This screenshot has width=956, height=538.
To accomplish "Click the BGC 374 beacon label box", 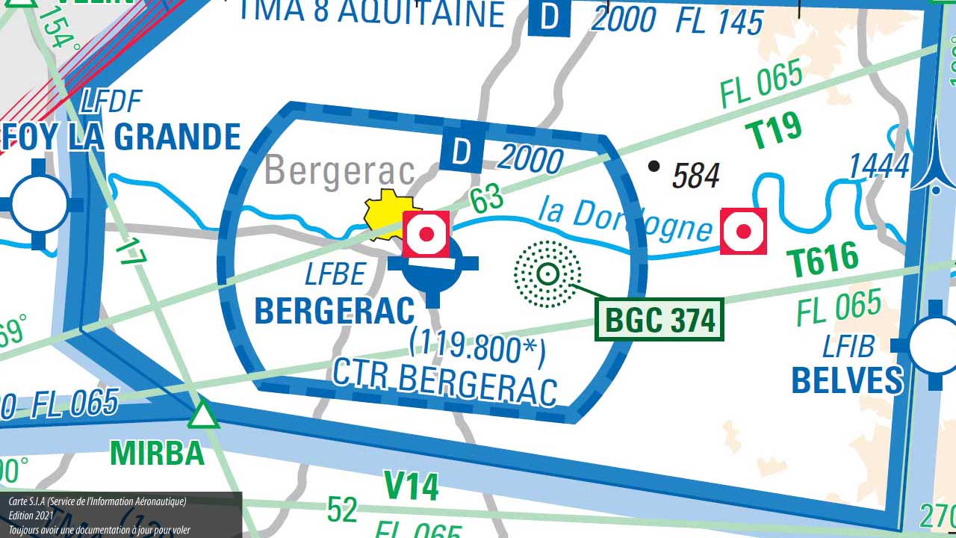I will pos(659,320).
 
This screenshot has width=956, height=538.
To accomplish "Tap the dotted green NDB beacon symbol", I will pos(547,274).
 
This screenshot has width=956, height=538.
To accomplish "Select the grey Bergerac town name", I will pos(340,170).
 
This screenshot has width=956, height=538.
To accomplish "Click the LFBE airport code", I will pos(335,275).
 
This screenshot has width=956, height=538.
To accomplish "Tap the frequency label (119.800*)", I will pos(477,347).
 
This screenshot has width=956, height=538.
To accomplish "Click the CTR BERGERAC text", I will pos(444,381).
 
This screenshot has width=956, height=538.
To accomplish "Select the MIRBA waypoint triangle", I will pos(202,415).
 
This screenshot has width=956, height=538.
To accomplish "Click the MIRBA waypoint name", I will pos(157,453).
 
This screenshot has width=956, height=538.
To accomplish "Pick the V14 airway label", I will pos(411,486).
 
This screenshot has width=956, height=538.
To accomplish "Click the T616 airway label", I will pos(823,260).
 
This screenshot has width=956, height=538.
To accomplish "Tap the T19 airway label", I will pos(773,132).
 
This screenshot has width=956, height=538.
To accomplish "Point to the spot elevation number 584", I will pos(695,176).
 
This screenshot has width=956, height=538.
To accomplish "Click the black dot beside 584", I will pos(654,166).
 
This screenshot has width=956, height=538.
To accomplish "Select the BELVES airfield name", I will pos(847,380).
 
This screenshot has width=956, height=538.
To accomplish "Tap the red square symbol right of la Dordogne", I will pos(743,232).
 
